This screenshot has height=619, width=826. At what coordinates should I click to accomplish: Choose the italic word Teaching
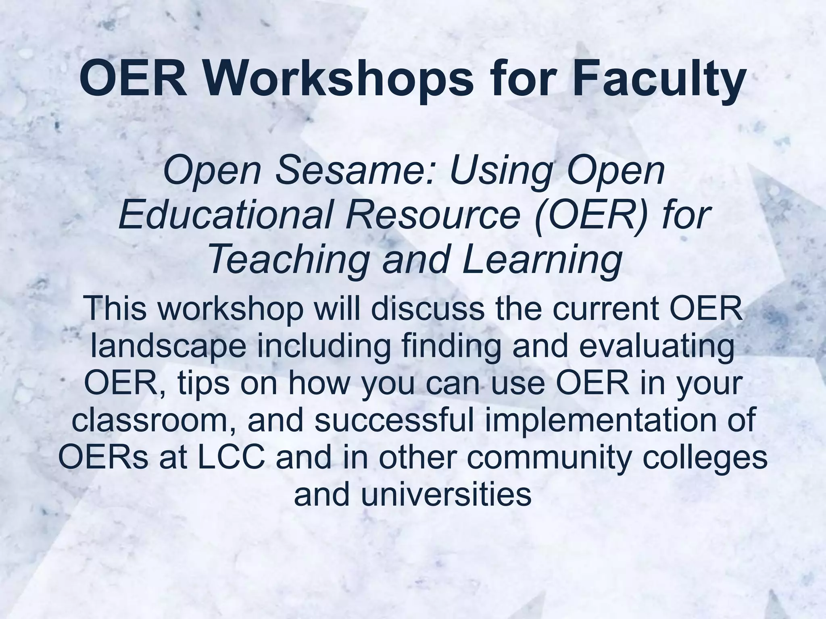pyautogui.click(x=289, y=258)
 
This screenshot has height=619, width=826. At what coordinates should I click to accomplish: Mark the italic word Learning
pyautogui.click(x=542, y=258)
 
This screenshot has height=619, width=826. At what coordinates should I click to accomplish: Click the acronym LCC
pyautogui.click(x=232, y=457)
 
